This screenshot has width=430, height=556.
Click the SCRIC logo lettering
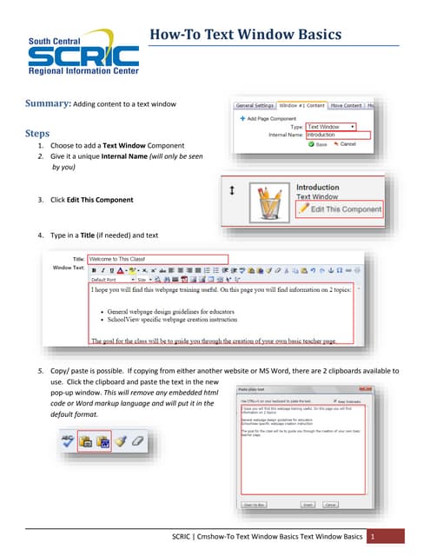(83, 58)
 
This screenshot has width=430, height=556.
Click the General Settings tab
(255, 105)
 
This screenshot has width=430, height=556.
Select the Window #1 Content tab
(301, 105)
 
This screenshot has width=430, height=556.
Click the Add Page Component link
(273, 116)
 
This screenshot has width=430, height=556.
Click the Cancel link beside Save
(345, 144)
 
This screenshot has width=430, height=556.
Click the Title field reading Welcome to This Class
(157, 259)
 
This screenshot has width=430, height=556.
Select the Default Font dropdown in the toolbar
(109, 280)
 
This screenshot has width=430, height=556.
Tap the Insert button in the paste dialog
(307, 504)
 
